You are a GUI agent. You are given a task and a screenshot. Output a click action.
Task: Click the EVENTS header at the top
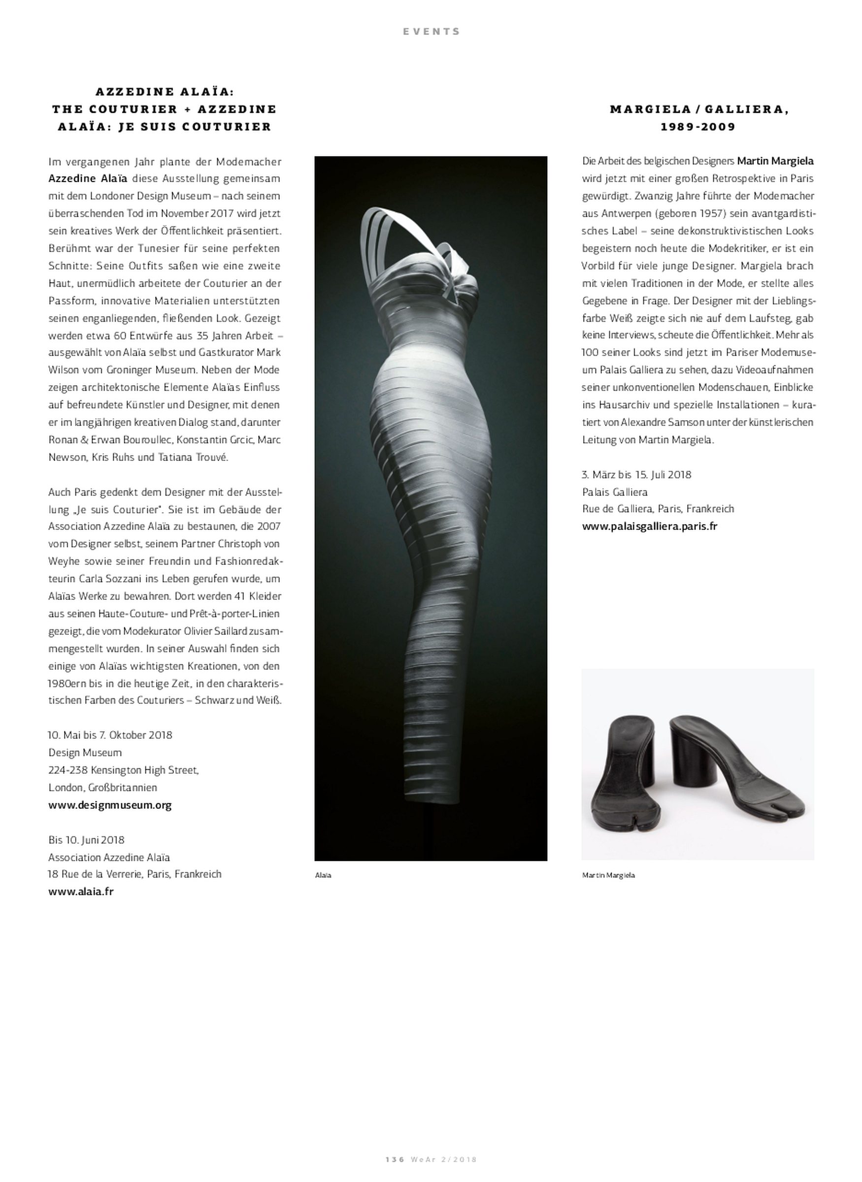[x=431, y=32]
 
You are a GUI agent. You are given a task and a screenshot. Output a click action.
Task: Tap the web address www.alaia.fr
[x=81, y=891]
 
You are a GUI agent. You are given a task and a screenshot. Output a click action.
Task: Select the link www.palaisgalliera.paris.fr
[x=650, y=526]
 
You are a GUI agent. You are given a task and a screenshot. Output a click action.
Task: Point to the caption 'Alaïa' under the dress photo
[x=323, y=875]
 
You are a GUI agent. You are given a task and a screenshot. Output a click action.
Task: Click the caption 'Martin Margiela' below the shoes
[x=608, y=875]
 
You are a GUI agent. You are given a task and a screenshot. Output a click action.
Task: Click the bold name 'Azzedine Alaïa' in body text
[x=88, y=178]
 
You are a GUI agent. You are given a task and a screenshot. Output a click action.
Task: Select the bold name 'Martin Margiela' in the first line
[x=775, y=161]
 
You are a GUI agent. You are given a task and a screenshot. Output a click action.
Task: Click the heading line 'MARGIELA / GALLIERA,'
[x=698, y=109]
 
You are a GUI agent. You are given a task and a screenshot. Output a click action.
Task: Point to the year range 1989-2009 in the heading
[x=698, y=127]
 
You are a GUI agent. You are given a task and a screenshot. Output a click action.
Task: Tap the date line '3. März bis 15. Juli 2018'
[x=636, y=475]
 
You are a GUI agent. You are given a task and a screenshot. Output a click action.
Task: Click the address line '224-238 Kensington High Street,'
[x=124, y=770]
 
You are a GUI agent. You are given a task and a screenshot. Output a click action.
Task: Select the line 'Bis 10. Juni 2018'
[x=87, y=840]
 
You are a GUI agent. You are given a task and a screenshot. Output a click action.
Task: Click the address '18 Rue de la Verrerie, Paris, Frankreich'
[x=135, y=874]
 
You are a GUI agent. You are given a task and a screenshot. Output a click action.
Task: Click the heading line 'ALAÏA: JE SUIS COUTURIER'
[x=165, y=127]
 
